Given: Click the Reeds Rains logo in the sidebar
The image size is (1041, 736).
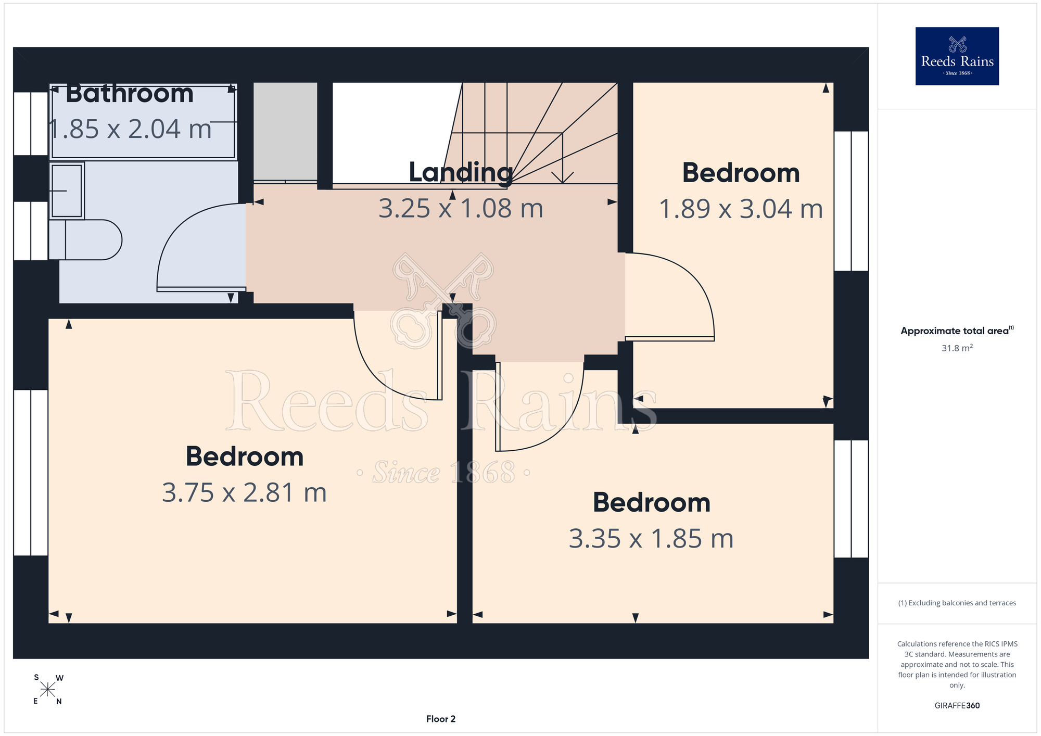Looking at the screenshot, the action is tap(957, 56).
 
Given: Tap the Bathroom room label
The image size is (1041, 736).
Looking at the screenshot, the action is tap(130, 94).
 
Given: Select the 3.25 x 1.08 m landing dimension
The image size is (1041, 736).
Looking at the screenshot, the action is tap(461, 208).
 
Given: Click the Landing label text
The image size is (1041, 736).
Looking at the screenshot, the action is tap(461, 173).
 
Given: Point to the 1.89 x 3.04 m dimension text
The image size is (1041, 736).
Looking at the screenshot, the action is tap(741, 209).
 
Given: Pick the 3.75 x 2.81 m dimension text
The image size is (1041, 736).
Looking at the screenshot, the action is tap(244, 492).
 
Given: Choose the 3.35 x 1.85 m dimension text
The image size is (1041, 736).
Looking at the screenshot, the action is tap(651, 538).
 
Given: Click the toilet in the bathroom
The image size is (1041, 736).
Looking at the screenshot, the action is tap(85, 239).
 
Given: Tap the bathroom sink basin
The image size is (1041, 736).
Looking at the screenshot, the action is tap(67, 191).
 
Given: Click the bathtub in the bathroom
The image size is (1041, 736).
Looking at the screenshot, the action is tap(143, 122).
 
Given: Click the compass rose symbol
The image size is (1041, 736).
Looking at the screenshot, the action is tap(47, 690).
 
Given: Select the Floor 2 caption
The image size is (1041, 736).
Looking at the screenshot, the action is tap(441, 719).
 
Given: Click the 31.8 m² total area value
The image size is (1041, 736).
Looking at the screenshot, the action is tap(957, 348).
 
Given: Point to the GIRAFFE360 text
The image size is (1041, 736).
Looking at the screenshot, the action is tap(957, 706).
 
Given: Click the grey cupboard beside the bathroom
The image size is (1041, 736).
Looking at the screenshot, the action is tap(285, 132).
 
